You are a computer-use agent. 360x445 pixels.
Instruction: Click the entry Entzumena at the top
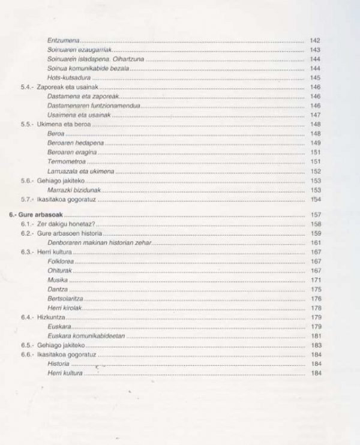point(64,40)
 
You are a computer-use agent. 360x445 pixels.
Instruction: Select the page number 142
point(315,40)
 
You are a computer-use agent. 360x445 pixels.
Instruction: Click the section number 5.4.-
point(27,87)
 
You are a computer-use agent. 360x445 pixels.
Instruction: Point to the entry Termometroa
point(67,161)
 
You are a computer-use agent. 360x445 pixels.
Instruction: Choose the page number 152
point(315,171)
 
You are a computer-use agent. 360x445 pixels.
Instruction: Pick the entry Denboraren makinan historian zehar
point(99,242)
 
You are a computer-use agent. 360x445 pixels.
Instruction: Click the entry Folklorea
point(61,261)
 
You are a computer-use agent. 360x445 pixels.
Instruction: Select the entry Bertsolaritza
point(65,298)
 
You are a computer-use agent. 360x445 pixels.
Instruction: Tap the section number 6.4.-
point(27,317)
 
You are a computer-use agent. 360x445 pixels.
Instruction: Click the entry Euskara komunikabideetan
point(86,336)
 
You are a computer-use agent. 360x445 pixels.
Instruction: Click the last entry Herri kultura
point(65,373)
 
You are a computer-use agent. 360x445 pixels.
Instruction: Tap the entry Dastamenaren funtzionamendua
point(94,106)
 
